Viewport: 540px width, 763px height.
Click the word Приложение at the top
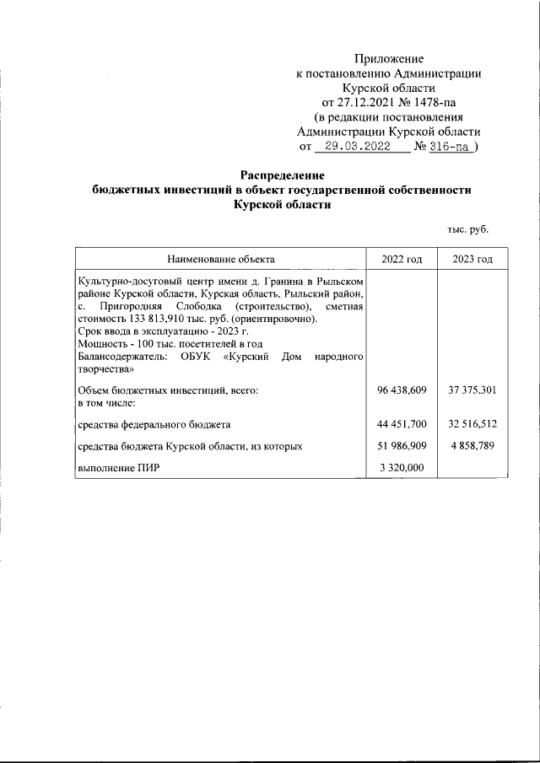coord(389,59)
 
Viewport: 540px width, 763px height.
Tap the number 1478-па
coord(428,103)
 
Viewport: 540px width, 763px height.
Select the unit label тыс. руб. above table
coord(467,229)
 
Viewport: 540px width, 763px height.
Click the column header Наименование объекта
coord(220,258)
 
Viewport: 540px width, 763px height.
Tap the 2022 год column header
coord(402,258)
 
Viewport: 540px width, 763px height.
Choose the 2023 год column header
coord(472,258)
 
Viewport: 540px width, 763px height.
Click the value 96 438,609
coord(402,390)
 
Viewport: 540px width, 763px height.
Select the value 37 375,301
coord(473,390)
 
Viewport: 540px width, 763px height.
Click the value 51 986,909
coord(402,444)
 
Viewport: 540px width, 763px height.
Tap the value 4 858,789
coord(476,444)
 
